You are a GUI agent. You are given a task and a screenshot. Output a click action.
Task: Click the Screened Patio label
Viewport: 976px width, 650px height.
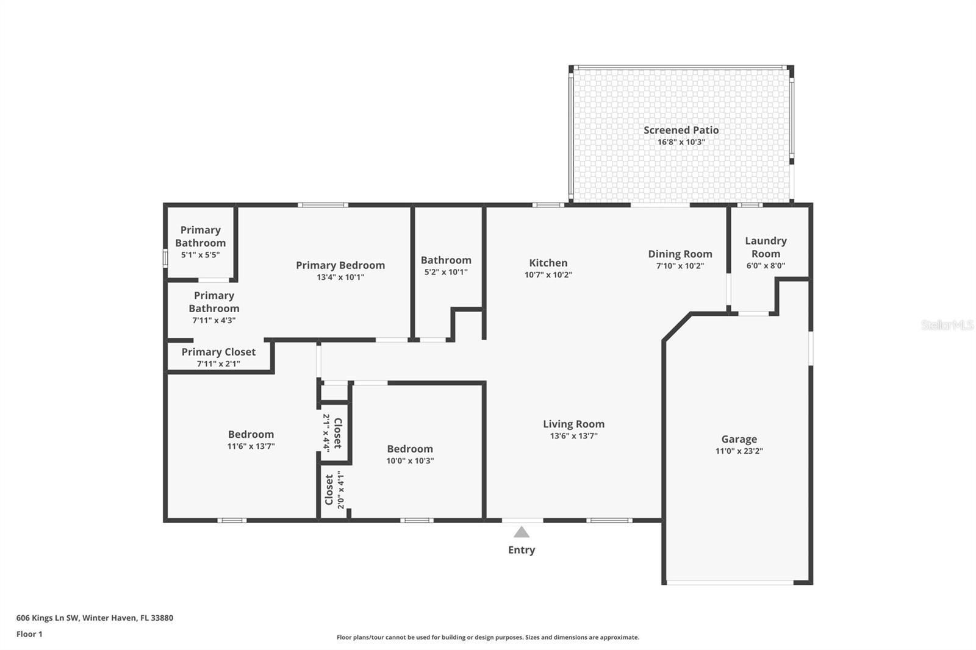(x=681, y=130)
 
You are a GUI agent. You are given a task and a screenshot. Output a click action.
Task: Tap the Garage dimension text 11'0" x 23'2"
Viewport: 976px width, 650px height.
(x=739, y=451)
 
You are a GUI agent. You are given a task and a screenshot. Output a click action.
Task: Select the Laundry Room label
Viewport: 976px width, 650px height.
(x=766, y=247)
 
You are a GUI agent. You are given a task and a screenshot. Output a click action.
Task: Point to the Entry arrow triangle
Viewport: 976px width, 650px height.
(x=521, y=532)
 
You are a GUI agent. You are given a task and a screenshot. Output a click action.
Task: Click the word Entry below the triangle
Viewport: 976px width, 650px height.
(x=521, y=550)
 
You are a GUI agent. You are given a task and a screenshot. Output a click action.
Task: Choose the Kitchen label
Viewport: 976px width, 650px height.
(x=548, y=263)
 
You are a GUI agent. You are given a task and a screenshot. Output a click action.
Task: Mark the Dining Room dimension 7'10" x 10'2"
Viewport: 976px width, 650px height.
(x=680, y=266)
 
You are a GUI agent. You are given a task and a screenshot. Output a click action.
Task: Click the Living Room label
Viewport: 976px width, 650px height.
(x=573, y=424)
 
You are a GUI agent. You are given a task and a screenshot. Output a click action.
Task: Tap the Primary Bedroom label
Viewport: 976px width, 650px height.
(x=340, y=265)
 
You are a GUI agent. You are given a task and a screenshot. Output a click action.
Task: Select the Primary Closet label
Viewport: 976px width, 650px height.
(x=218, y=352)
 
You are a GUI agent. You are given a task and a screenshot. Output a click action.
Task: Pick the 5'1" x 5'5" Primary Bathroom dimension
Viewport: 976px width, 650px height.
(x=200, y=255)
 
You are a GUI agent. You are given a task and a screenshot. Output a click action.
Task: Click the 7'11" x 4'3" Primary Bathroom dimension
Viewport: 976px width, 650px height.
(x=213, y=320)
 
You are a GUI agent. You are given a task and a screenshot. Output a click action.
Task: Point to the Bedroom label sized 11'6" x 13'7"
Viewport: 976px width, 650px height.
(x=251, y=434)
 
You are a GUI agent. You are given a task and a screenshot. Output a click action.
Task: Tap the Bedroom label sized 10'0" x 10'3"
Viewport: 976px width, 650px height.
(x=409, y=449)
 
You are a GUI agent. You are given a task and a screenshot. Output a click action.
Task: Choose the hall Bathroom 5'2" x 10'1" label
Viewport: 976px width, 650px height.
(x=446, y=260)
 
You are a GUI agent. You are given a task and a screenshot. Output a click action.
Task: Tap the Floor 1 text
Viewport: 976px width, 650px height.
(x=29, y=634)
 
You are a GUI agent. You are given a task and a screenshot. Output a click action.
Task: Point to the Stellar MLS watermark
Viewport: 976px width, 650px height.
(x=947, y=325)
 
